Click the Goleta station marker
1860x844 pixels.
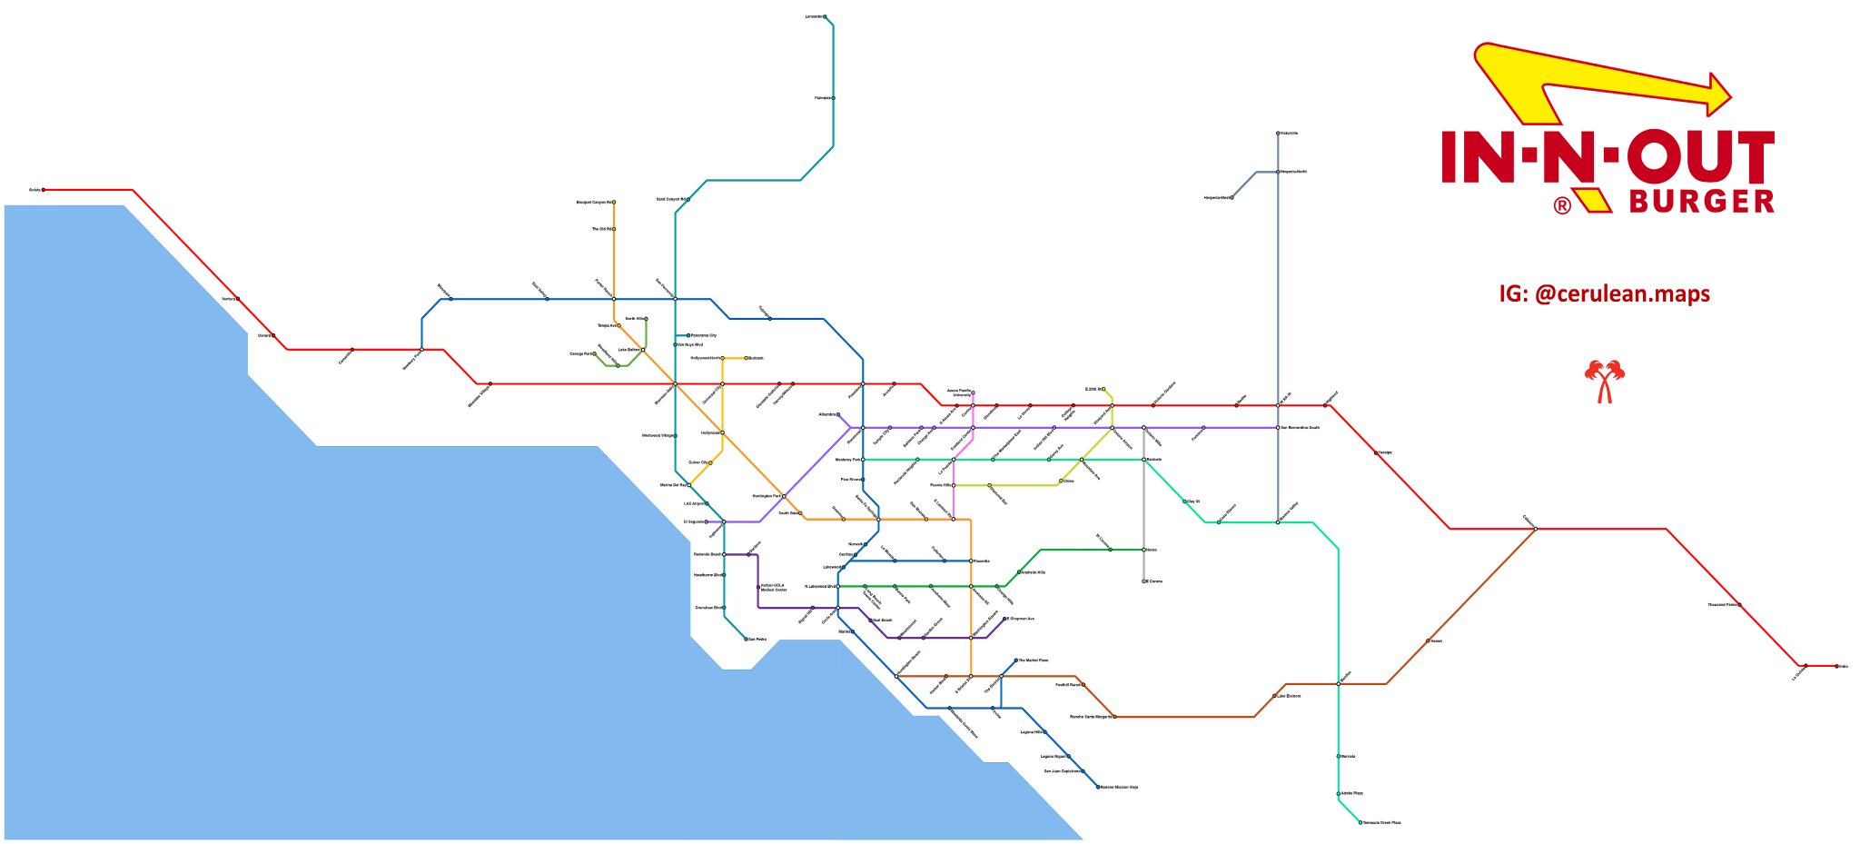tap(44, 190)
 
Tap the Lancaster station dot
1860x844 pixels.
tap(825, 17)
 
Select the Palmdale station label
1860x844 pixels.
tap(822, 98)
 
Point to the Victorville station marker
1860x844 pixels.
tap(1278, 134)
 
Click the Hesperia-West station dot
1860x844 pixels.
tap(1232, 197)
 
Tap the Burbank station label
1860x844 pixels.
tap(757, 358)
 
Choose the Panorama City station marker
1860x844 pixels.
tap(688, 335)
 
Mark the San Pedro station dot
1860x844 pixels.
tap(747, 640)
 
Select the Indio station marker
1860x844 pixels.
tap(1836, 666)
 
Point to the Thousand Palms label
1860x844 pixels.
tap(1721, 605)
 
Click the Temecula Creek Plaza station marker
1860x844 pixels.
tap(1360, 822)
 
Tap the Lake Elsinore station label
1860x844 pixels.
tap(1291, 697)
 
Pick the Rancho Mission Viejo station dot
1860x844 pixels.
tap(1098, 787)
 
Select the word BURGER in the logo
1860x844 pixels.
tap(1702, 202)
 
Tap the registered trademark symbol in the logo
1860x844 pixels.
tap(1562, 206)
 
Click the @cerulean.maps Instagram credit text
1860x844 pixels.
tap(1605, 293)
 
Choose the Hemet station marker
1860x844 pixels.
tap(1428, 641)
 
